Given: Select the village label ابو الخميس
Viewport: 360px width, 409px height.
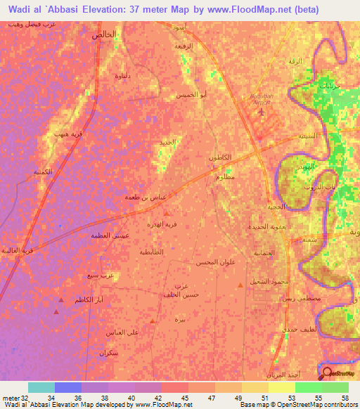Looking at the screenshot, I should (x=193, y=94).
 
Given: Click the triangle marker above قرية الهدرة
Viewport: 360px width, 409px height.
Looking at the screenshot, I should (x=166, y=212).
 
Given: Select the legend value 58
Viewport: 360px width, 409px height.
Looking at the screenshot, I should (x=344, y=398).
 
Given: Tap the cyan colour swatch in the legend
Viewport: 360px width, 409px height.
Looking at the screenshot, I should (x=41, y=387).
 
